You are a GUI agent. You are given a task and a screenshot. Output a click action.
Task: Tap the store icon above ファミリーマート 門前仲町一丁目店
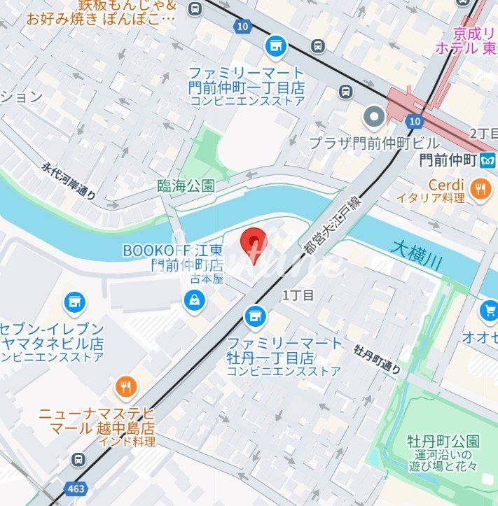(x=276, y=47)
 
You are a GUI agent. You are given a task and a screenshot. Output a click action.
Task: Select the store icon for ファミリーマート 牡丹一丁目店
(x=255, y=317)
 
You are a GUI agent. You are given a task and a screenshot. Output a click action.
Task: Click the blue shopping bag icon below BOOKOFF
(x=193, y=301)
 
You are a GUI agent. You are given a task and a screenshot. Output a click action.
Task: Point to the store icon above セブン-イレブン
(x=74, y=303)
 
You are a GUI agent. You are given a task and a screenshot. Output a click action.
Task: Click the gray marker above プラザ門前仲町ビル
(x=375, y=115)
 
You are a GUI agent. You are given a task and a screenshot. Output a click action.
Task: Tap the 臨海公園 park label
(x=186, y=186)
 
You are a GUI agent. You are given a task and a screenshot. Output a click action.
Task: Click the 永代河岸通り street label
(x=68, y=181)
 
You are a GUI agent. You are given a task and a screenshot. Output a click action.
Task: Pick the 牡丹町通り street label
(x=378, y=357)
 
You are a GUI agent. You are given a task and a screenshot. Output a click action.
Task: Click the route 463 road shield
(x=76, y=487)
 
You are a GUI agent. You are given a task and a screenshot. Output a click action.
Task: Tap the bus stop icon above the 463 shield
(x=79, y=460)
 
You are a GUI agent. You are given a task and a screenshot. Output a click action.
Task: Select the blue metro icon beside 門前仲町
(x=487, y=160)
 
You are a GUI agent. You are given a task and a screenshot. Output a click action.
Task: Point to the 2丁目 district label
(x=483, y=134)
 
